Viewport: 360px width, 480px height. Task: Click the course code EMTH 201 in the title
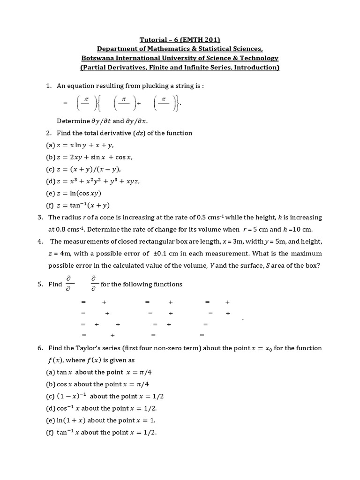coord(197,40)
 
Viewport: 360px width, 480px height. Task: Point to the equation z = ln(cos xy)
coord(79,193)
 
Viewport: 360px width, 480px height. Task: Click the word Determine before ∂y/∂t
coord(73,121)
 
